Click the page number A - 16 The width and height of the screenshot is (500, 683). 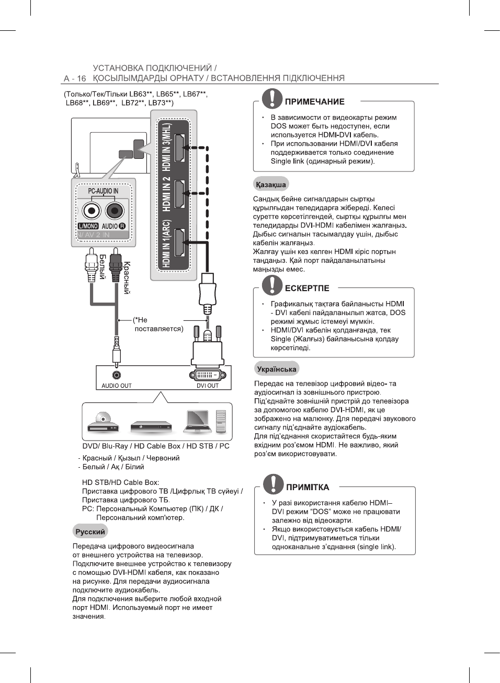point(75,78)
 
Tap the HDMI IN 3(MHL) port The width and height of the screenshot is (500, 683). point(179,148)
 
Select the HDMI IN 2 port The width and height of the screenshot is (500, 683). point(179,194)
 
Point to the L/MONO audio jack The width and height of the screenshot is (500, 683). point(91,211)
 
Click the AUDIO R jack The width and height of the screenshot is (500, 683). point(114,211)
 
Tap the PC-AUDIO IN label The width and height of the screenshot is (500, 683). point(103,191)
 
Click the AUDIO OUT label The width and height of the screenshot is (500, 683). point(117,386)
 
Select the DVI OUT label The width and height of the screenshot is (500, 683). point(208,386)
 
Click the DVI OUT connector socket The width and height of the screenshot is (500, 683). point(207,375)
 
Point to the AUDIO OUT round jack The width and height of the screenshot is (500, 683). point(117,375)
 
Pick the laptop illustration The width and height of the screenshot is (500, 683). point(198,421)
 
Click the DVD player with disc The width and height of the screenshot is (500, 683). point(103,423)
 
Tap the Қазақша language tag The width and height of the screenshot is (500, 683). point(271,184)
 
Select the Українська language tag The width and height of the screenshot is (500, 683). point(277,369)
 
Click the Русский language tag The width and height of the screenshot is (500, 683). point(90,531)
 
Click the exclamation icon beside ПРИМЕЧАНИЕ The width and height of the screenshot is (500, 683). point(272,99)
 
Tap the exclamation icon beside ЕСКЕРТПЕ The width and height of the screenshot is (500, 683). point(272,285)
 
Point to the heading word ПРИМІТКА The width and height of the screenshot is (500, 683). point(308,487)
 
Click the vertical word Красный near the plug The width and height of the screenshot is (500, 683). point(127,278)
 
